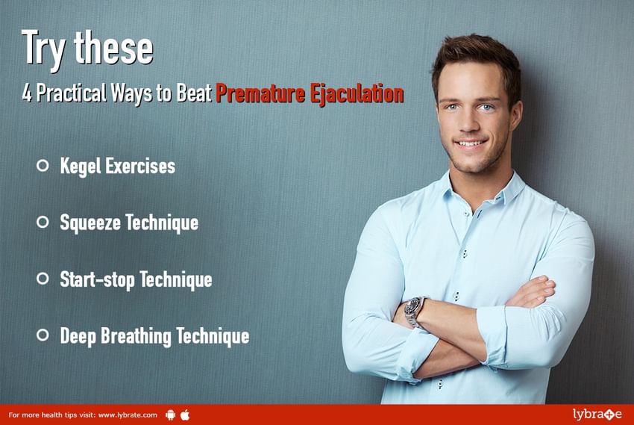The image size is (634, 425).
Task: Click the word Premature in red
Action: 260,93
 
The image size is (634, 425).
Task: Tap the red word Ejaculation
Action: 357,94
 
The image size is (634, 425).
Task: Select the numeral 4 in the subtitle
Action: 27,93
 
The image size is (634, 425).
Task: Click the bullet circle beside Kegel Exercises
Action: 43,165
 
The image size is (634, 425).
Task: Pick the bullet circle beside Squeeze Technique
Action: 43,222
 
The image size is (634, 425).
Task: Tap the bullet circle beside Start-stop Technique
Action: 43,279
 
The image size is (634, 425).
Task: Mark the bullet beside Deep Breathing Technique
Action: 43,335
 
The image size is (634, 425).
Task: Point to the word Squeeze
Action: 90,223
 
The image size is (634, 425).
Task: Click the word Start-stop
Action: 97,279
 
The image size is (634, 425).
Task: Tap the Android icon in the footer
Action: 171,415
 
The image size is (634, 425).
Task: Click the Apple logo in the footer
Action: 185,415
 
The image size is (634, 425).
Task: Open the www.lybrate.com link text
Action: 128,415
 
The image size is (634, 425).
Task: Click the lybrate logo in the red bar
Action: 597,415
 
